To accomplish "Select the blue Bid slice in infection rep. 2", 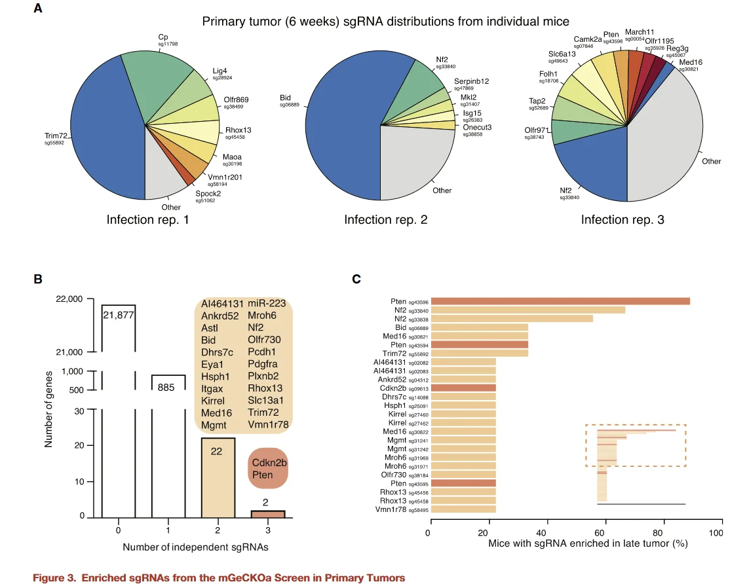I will pyautogui.click(x=341, y=111).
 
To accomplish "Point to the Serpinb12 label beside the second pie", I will pyautogui.click(x=472, y=81).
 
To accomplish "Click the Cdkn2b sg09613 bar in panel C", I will pyautogui.click(x=463, y=388).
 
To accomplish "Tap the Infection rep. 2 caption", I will pyautogui.click(x=386, y=220).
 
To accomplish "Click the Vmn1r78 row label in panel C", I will pyautogui.click(x=391, y=509).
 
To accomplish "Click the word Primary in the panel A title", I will pyautogui.click(x=221, y=22).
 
